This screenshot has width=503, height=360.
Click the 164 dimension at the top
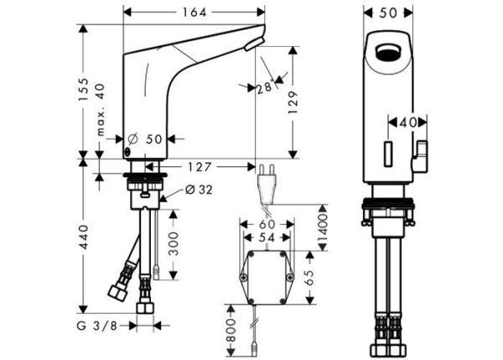point(194,13)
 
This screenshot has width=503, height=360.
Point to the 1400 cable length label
point(324,223)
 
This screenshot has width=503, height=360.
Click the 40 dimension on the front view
point(408,123)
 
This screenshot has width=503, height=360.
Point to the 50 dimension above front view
point(386,13)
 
